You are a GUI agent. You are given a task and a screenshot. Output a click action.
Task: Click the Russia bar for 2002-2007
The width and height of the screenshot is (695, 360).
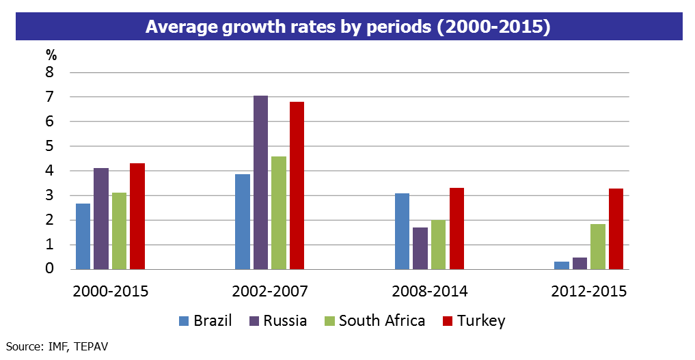[260, 182]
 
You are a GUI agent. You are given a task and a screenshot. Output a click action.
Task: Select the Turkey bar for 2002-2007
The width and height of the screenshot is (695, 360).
[297, 185]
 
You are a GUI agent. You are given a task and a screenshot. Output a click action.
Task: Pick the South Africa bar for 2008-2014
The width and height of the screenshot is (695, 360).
[438, 245]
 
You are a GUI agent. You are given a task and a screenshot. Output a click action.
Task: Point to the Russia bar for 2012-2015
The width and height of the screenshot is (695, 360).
[580, 263]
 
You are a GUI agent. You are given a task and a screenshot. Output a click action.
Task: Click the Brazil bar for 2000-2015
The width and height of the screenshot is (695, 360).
[83, 236]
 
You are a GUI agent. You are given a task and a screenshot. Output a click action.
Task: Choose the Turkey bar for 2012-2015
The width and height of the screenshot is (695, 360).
[616, 229]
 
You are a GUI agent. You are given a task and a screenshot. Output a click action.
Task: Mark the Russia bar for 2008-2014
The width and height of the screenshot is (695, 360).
[420, 248]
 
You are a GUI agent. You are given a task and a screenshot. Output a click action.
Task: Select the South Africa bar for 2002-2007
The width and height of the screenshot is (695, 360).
[278, 212]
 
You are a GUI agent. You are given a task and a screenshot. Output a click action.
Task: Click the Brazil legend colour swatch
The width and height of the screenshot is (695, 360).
[182, 321]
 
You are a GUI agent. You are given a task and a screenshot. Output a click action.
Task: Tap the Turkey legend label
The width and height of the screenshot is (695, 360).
[481, 321]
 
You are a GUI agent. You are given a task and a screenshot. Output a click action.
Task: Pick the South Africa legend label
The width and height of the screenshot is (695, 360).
[381, 321]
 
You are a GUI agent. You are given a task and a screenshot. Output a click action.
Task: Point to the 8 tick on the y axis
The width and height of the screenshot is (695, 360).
[49, 72]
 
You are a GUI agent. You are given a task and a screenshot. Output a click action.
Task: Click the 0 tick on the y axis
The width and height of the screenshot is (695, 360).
[49, 269]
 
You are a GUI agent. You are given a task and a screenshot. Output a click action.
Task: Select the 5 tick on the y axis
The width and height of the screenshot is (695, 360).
[49, 146]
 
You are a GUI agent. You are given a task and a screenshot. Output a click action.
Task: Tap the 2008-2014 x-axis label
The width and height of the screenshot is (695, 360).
[429, 291]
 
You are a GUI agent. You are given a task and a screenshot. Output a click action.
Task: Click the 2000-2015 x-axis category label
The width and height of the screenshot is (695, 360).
[110, 291]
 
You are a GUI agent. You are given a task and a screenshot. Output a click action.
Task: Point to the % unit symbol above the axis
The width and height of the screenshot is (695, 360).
[51, 55]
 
